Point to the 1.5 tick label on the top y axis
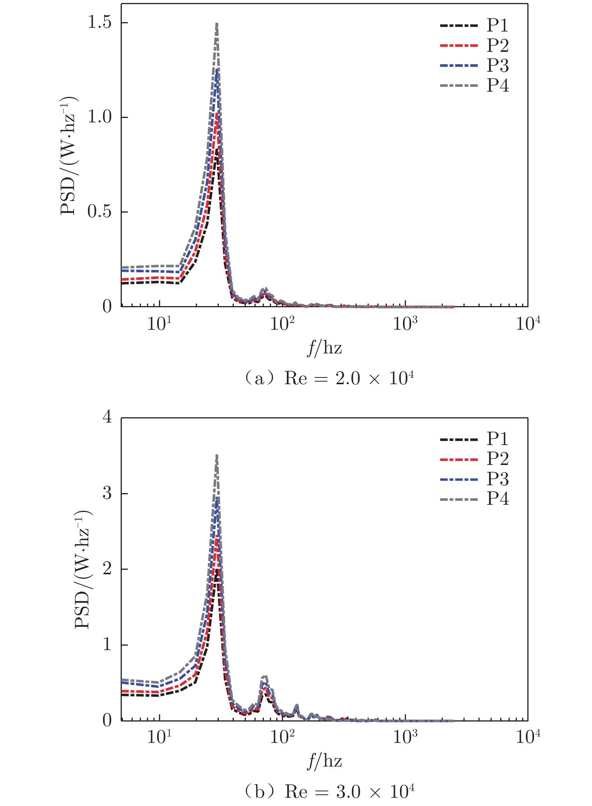(x=100, y=23)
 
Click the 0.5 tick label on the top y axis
(x=100, y=212)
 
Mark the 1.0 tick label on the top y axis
(x=100, y=117)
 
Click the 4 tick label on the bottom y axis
(x=107, y=417)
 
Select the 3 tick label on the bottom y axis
(x=107, y=493)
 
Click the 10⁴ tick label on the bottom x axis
(x=528, y=737)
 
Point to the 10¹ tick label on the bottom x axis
(x=159, y=737)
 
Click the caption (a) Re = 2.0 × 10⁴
(x=329, y=378)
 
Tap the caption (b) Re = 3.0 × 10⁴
(x=329, y=792)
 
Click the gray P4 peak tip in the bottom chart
(x=217, y=456)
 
